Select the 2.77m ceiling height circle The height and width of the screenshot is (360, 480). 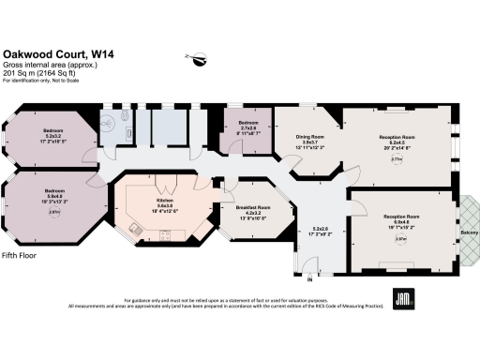tap(396, 159)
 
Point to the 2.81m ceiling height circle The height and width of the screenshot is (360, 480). tap(54, 213)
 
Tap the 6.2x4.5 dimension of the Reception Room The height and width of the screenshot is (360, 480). tap(395, 142)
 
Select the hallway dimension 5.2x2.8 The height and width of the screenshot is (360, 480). tap(321, 230)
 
